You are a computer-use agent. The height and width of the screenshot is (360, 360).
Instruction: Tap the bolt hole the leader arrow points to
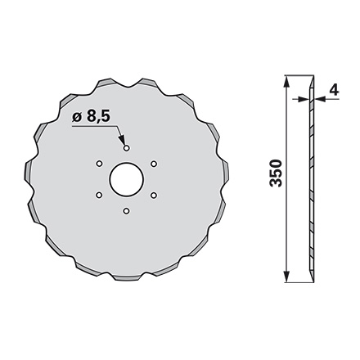point(126,147)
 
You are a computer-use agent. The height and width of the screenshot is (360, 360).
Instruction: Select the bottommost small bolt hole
point(126,212)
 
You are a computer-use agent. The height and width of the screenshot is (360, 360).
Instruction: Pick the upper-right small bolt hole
point(154,164)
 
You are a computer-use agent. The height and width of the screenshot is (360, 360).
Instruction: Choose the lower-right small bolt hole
point(154,196)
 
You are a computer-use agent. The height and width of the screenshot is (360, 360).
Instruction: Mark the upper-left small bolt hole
point(98,164)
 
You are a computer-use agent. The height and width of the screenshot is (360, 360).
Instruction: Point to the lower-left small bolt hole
point(98,196)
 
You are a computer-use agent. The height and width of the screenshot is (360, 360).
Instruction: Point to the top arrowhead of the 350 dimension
point(287,80)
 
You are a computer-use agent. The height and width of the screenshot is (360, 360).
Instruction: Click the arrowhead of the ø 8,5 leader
point(124,142)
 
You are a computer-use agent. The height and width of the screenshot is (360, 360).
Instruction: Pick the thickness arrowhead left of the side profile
point(303,97)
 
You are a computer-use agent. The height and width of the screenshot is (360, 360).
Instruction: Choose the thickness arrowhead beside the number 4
point(321,97)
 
